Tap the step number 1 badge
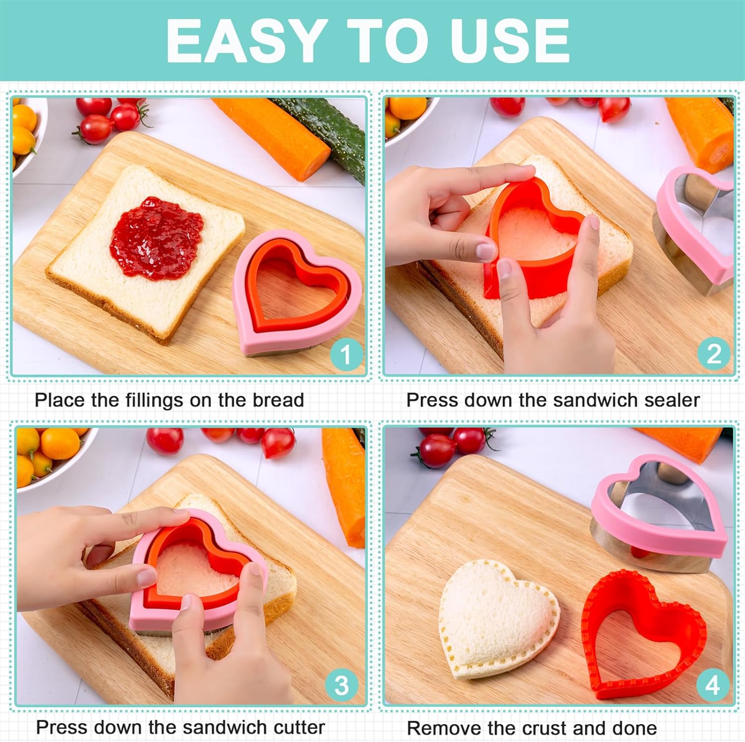coord(345,354)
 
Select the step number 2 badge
coord(714,354)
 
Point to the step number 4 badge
coord(713,686)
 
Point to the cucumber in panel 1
coord(328,129)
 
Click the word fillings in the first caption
coord(148,400)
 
